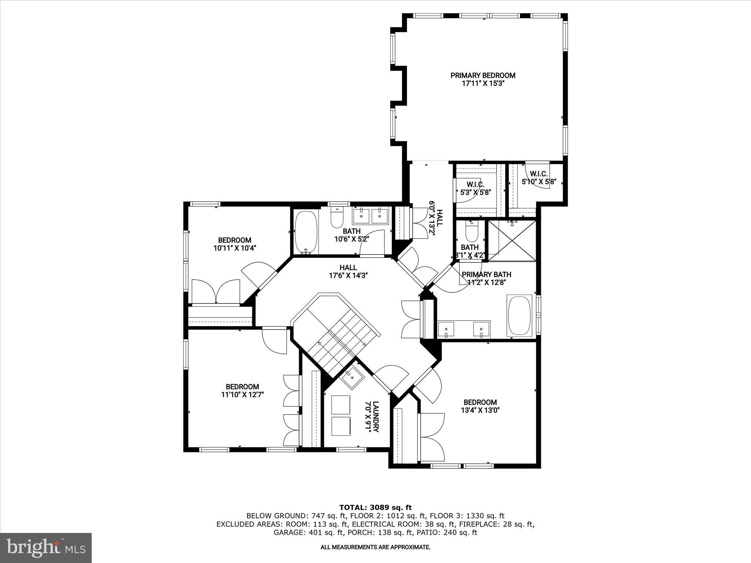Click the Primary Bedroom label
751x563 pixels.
click(483, 76)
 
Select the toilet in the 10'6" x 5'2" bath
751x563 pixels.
click(336, 218)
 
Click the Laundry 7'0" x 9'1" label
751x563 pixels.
click(371, 417)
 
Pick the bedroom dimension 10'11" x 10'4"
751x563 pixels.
click(235, 248)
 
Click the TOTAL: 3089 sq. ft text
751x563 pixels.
click(375, 508)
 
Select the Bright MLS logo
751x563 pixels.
click(46, 548)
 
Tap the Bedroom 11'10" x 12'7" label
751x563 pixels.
click(242, 390)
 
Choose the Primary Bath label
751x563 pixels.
click(486, 275)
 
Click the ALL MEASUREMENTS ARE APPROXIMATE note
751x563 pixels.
click(375, 558)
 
